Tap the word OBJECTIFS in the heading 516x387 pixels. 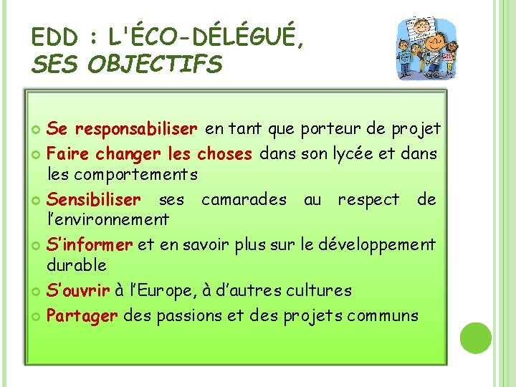click(x=155, y=65)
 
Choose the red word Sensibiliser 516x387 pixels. click(x=94, y=199)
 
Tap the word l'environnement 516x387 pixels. click(x=107, y=219)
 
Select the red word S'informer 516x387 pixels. click(x=90, y=244)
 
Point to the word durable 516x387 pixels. click(x=77, y=264)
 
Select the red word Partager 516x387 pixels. click(x=82, y=315)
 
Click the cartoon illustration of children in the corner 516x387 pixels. click(x=428, y=47)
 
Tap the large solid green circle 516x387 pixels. click(x=476, y=338)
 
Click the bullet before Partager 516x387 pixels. click(x=37, y=316)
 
